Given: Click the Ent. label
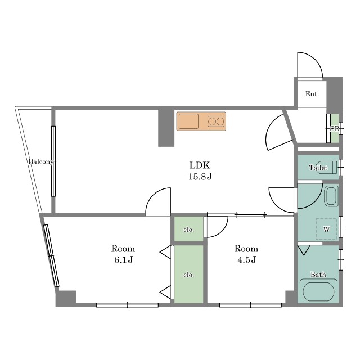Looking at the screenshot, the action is pyautogui.click(x=312, y=94).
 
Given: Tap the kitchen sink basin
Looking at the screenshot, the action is pyautogui.click(x=189, y=121).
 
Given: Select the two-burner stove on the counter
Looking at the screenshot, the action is pyautogui.click(x=216, y=121).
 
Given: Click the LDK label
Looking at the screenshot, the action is pyautogui.click(x=200, y=165).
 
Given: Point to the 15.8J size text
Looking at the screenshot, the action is pyautogui.click(x=200, y=177).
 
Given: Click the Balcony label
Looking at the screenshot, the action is pyautogui.click(x=41, y=161).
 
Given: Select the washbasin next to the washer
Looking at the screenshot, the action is pyautogui.click(x=331, y=196).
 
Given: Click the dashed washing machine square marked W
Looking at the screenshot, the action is pyautogui.click(x=326, y=229).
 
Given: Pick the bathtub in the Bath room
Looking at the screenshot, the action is pyautogui.click(x=318, y=291).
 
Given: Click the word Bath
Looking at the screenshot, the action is pyautogui.click(x=318, y=274).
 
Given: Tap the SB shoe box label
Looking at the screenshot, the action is pyautogui.click(x=335, y=129).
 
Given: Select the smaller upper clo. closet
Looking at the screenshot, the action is pyautogui.click(x=189, y=229).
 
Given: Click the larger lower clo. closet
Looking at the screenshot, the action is pyautogui.click(x=189, y=274).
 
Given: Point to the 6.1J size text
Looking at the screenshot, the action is pyautogui.click(x=124, y=260).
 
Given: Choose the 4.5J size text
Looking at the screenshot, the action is pyautogui.click(x=247, y=260).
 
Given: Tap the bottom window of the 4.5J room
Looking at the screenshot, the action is pyautogui.click(x=250, y=305).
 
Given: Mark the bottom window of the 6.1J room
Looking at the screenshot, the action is pyautogui.click(x=127, y=305).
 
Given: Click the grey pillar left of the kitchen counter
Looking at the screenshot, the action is pyautogui.click(x=166, y=128).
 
